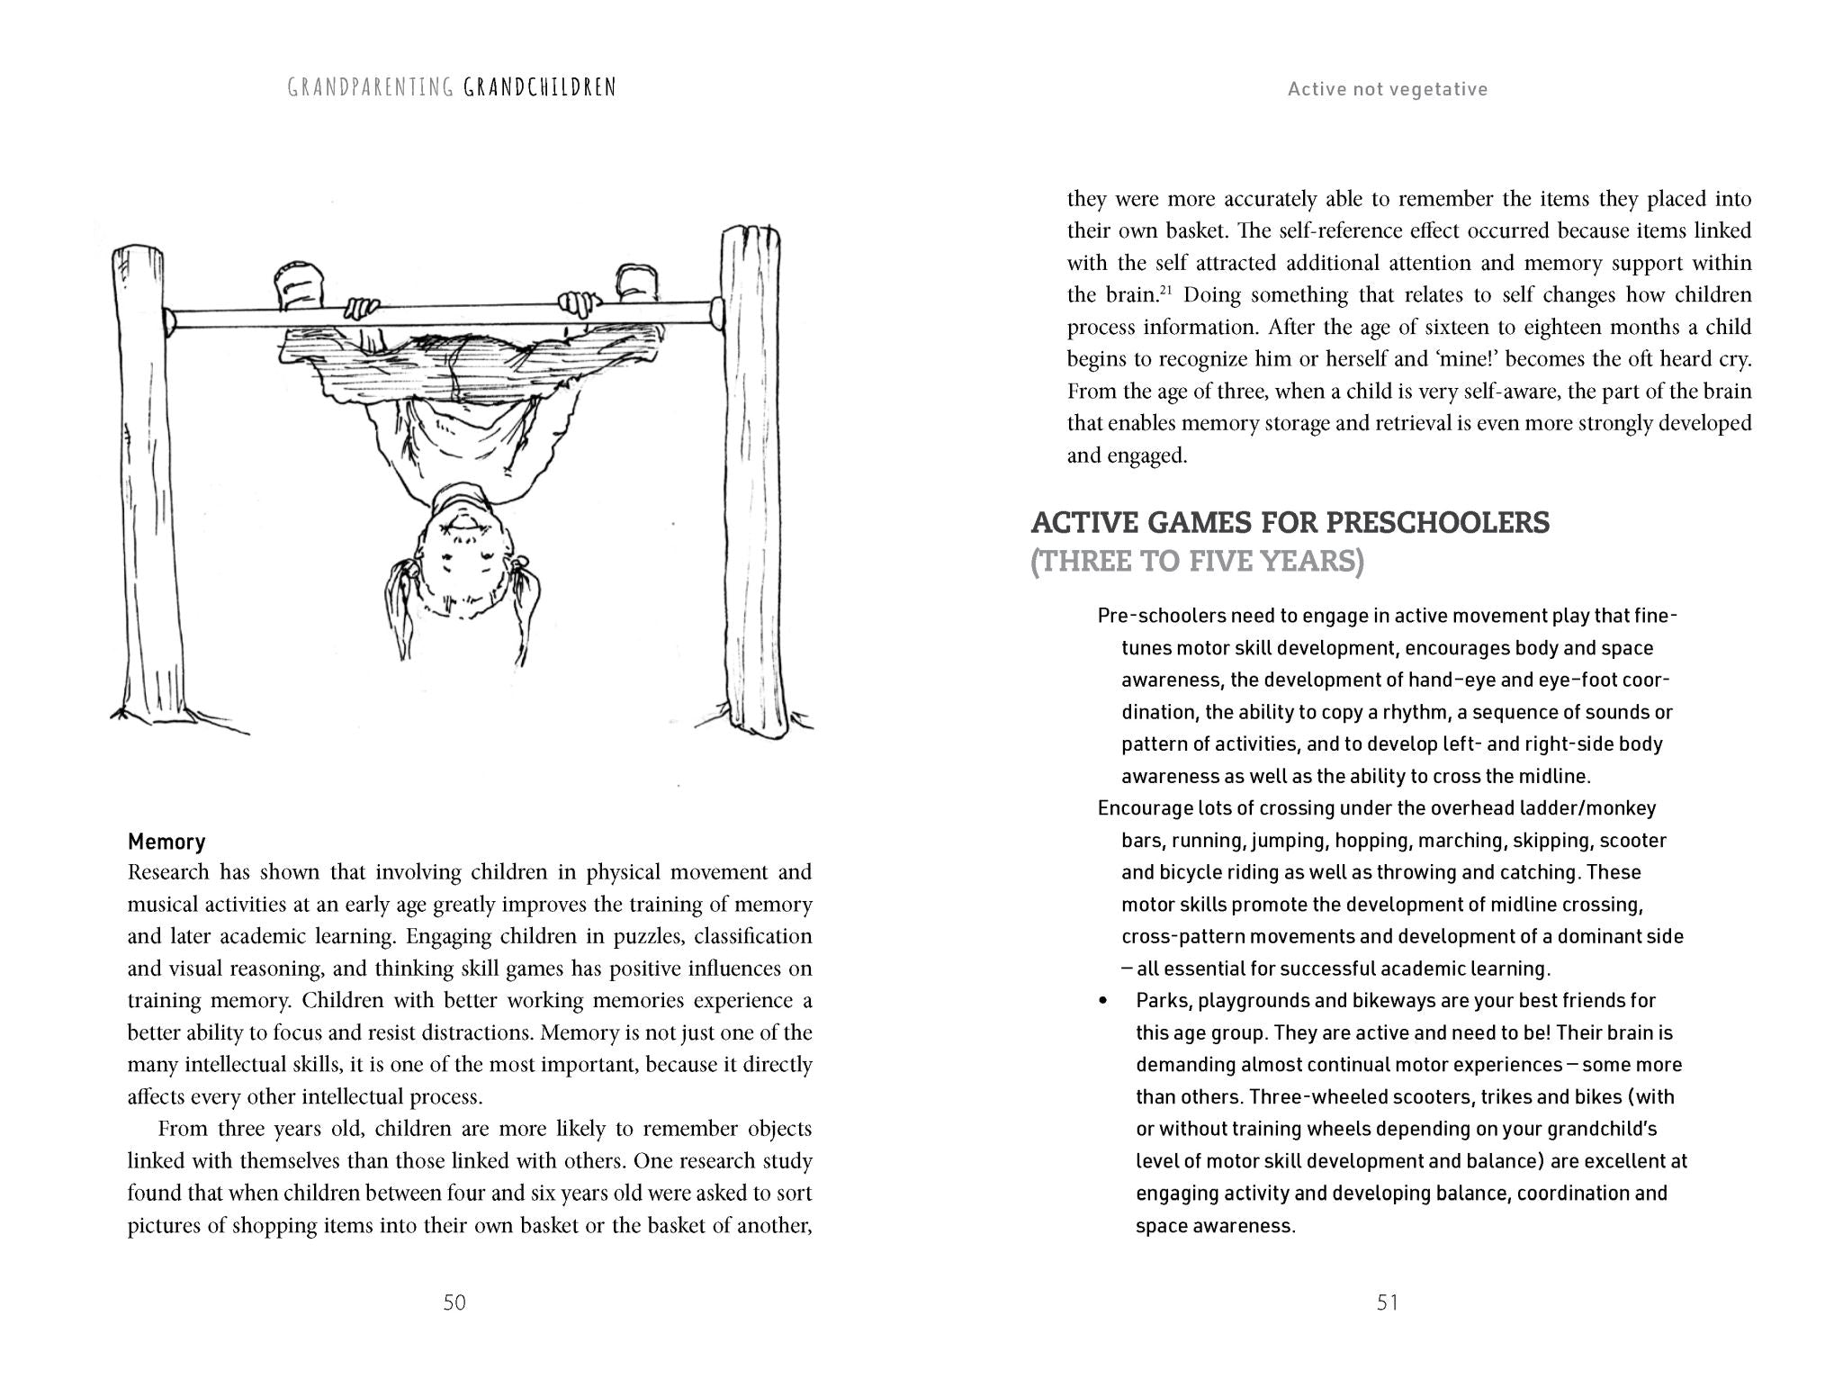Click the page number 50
coord(454,1302)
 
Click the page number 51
coord(1387,1302)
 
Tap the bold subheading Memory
coord(166,842)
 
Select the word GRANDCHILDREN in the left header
coord(540,87)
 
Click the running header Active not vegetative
coord(1387,89)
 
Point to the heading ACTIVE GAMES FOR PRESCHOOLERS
coord(1290,522)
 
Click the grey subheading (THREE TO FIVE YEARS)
coord(1197,562)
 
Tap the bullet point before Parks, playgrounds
coord(1103,1002)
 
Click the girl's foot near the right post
coord(636,284)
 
